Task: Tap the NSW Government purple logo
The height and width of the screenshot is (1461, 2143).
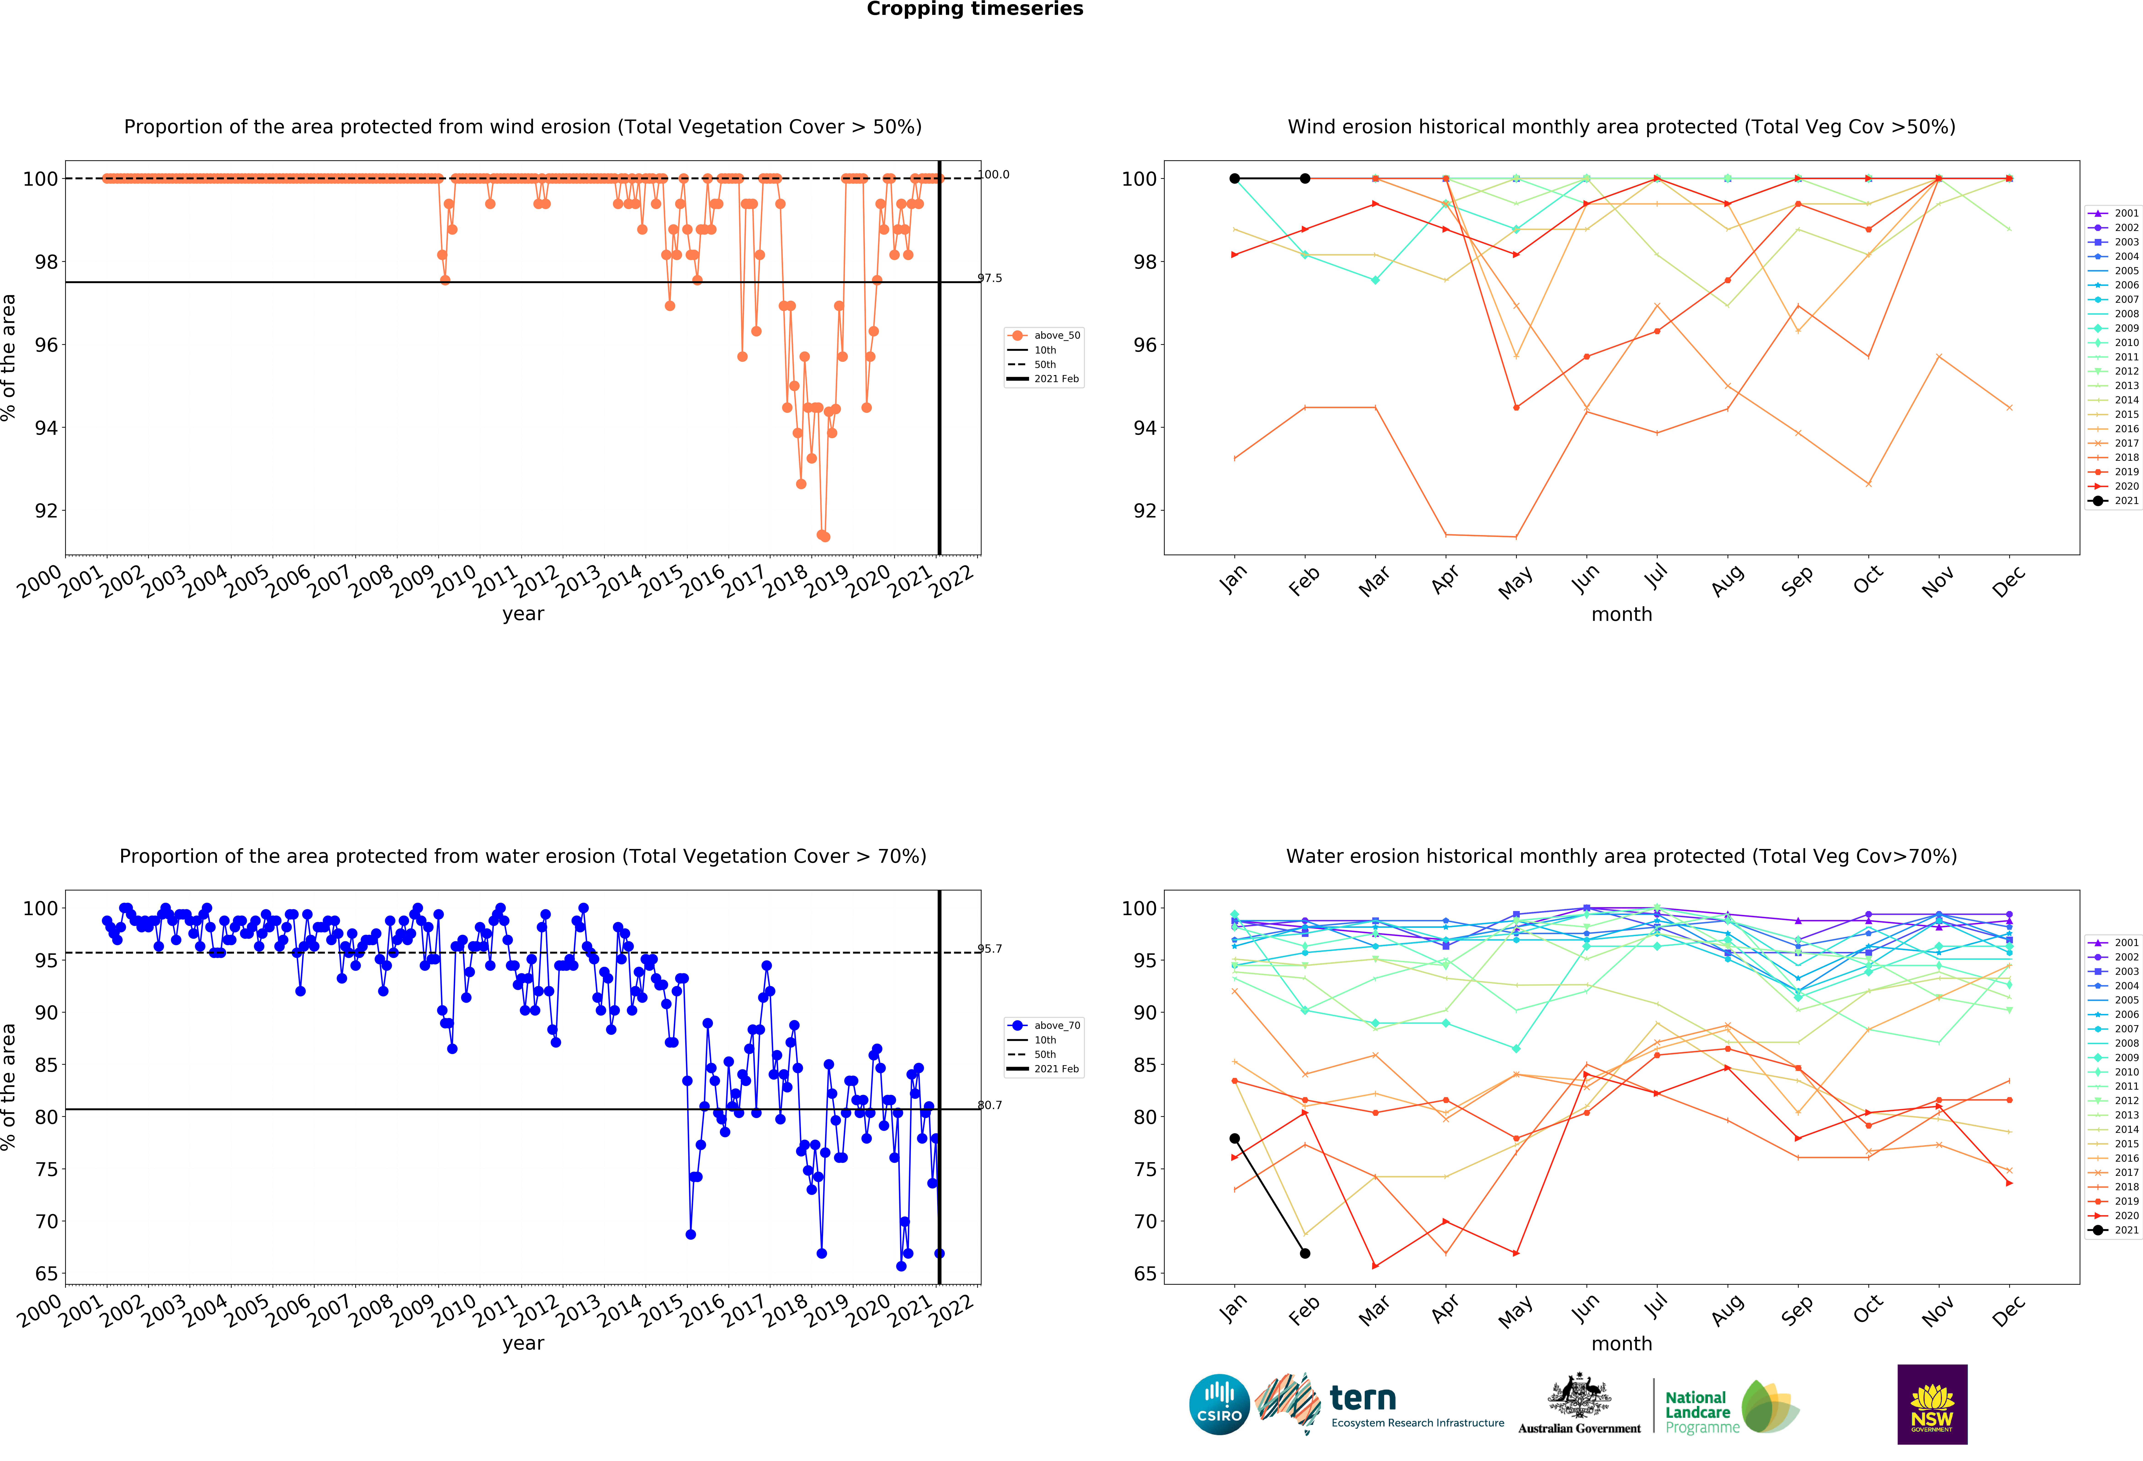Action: tap(1932, 1404)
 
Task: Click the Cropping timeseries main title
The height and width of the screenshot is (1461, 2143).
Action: tap(975, 9)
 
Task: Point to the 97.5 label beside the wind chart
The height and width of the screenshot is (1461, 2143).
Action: tap(990, 278)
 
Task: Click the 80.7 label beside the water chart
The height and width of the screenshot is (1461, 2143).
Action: tap(990, 1105)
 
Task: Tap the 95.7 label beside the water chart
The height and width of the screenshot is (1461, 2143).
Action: tap(990, 948)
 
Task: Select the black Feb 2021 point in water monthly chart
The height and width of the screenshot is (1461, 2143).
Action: tap(1305, 1253)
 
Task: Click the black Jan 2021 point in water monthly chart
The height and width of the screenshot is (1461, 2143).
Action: tap(1235, 1138)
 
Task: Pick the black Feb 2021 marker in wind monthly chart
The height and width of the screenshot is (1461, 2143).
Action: tap(1305, 178)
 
